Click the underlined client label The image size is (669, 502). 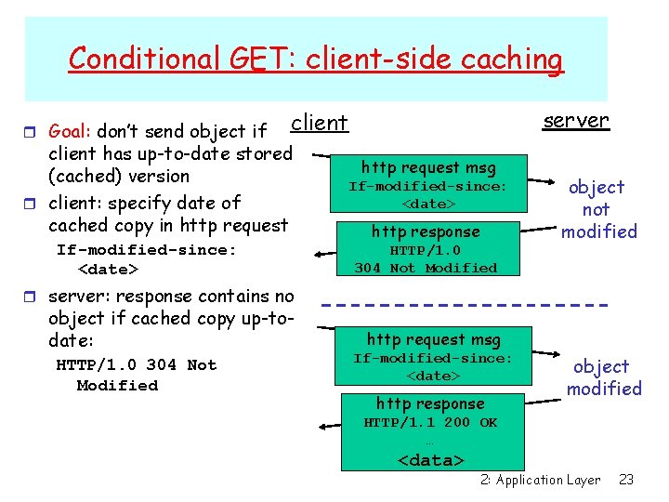click(319, 123)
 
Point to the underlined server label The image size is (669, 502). click(576, 120)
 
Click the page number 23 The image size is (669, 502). click(626, 480)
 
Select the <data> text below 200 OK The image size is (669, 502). click(431, 460)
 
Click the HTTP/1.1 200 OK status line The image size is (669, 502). click(430, 423)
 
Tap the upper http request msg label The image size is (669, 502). click(428, 167)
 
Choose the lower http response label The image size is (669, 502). click(430, 403)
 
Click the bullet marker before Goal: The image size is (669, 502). click(34, 131)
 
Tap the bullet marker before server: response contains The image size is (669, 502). click(34, 297)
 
